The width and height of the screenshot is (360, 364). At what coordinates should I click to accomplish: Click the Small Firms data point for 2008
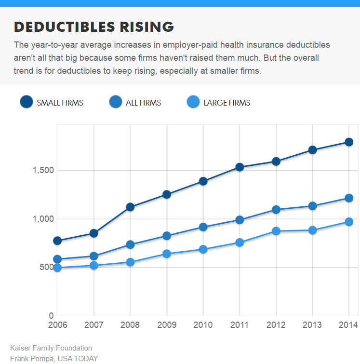(130, 207)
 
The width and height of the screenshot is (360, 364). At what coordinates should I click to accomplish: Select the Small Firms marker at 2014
(349, 142)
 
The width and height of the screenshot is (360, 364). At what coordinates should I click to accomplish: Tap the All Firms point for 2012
(276, 210)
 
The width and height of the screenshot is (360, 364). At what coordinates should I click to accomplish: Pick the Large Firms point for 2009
(167, 254)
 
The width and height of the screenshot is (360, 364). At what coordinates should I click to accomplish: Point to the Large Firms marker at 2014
(349, 222)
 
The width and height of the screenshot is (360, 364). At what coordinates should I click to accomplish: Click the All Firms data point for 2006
(57, 259)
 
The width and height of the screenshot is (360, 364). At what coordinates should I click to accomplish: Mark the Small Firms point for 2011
(240, 167)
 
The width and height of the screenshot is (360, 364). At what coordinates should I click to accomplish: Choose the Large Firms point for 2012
(276, 231)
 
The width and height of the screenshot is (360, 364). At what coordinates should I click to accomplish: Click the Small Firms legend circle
(27, 102)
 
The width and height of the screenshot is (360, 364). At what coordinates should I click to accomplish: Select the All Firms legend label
(143, 103)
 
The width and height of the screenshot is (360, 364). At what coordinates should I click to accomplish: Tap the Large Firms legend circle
(193, 102)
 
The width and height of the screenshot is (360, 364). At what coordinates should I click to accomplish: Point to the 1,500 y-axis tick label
(43, 170)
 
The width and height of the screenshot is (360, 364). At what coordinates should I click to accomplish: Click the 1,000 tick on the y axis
(43, 219)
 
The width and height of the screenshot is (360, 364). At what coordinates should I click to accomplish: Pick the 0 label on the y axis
(51, 315)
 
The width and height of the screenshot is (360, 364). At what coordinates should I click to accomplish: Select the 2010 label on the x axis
(203, 325)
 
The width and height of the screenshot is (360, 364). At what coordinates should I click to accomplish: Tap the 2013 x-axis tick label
(312, 325)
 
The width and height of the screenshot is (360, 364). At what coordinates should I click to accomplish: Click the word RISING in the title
(147, 27)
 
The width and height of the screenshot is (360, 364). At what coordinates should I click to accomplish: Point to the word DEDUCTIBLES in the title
(65, 27)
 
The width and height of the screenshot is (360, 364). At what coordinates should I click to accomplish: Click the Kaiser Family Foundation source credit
(51, 348)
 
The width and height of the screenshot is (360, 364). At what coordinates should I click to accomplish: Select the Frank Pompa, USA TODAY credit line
(54, 358)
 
